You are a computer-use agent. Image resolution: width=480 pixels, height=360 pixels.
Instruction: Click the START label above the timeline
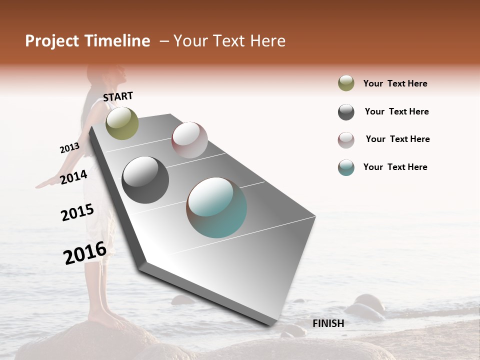click(x=118, y=96)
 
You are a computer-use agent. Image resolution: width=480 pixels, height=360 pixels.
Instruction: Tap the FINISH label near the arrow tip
click(x=328, y=323)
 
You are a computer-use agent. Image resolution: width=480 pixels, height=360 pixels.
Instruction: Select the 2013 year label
click(x=69, y=148)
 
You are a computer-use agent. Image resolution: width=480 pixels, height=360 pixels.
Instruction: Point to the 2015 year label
click(x=77, y=212)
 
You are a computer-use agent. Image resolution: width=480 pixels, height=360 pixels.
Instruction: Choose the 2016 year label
click(x=84, y=253)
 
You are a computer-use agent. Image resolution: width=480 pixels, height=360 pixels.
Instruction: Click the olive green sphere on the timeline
click(x=122, y=123)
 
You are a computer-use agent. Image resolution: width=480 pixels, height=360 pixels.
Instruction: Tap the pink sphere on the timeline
click(x=189, y=140)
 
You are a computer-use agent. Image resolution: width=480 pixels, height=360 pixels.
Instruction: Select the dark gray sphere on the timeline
click(x=145, y=180)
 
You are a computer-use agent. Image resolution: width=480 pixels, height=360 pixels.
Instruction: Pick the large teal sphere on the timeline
click(x=216, y=207)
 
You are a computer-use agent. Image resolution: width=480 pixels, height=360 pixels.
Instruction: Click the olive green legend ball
click(x=346, y=83)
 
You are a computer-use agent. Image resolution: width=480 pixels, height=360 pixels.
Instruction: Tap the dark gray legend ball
click(x=346, y=112)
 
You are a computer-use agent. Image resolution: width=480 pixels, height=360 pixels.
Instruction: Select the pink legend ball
click(x=346, y=140)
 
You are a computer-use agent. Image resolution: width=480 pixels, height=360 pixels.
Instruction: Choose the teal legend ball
click(x=346, y=167)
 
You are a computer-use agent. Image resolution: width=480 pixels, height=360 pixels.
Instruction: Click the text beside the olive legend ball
click(x=395, y=83)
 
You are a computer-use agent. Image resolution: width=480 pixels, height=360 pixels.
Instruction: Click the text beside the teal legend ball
click(x=395, y=167)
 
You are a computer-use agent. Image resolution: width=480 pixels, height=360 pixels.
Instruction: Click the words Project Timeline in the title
click(x=87, y=41)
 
